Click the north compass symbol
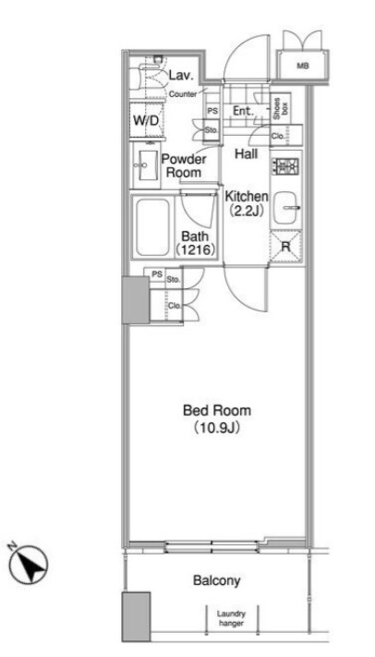29,565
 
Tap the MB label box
302,67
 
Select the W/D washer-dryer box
145,121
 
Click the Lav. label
181,76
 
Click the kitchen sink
286,208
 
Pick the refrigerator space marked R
285,247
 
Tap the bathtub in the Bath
153,226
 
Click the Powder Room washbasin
147,165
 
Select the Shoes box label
281,109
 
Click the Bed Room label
217,410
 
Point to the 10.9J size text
217,428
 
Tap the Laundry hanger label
231,618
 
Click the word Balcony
217,580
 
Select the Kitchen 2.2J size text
247,211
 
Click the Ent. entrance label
244,112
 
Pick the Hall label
247,153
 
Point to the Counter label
183,94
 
